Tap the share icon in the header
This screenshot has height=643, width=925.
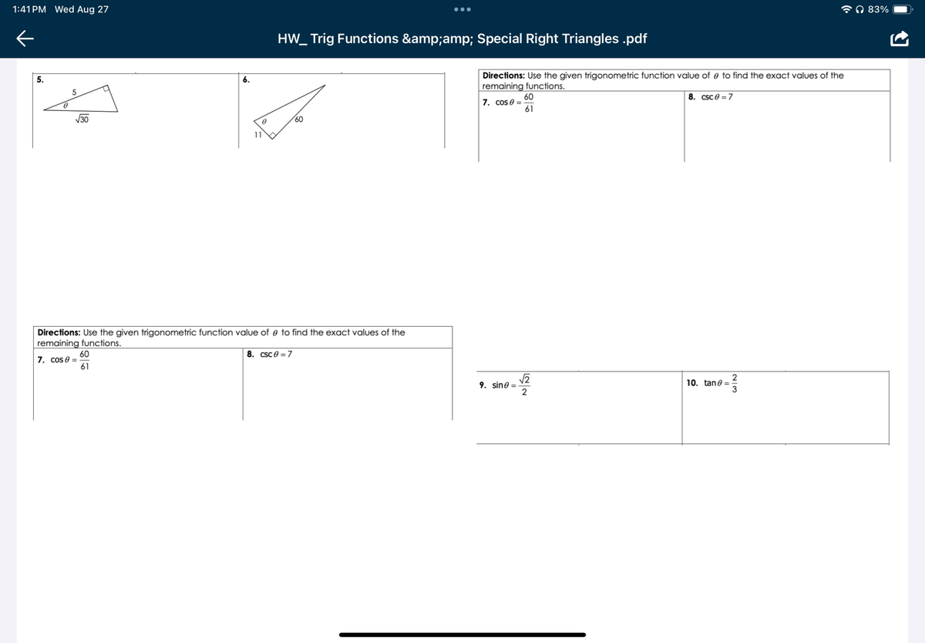pos(900,39)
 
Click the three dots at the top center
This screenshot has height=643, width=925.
pos(462,10)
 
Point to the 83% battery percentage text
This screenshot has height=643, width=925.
pos(878,9)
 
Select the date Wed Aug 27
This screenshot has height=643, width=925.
pos(82,9)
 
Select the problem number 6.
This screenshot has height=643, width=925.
pos(246,80)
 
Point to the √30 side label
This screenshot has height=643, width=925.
pos(82,120)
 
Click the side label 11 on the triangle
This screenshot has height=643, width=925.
pos(258,135)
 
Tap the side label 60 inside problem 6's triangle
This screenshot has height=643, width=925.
pos(298,120)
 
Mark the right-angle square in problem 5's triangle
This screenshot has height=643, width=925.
pos(108,89)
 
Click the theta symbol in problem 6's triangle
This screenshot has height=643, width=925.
pos(263,122)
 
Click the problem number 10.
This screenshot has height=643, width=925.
pos(691,383)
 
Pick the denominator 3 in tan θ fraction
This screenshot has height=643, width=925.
pos(734,389)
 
